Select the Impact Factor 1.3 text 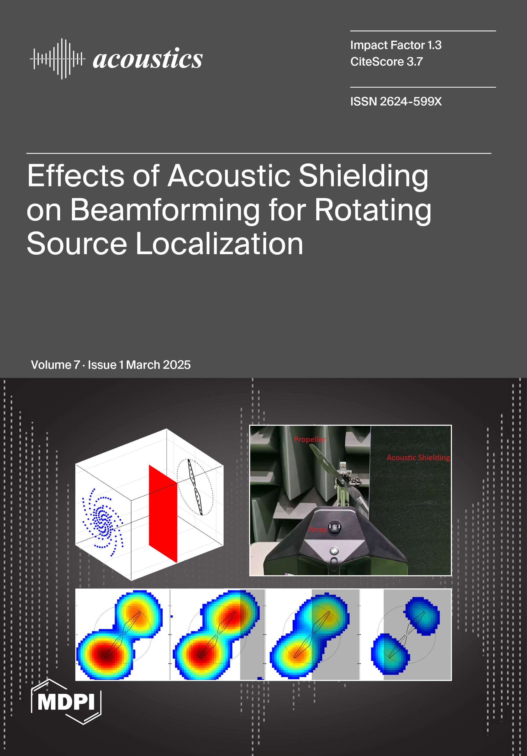[x=396, y=45]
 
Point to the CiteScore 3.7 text [x=386, y=62]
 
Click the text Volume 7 [x=55, y=365]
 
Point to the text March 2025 [x=158, y=365]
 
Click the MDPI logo [x=66, y=701]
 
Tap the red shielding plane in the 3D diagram [x=163, y=514]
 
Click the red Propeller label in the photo [x=310, y=439]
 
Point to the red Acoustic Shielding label [x=418, y=458]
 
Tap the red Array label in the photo [x=318, y=529]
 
